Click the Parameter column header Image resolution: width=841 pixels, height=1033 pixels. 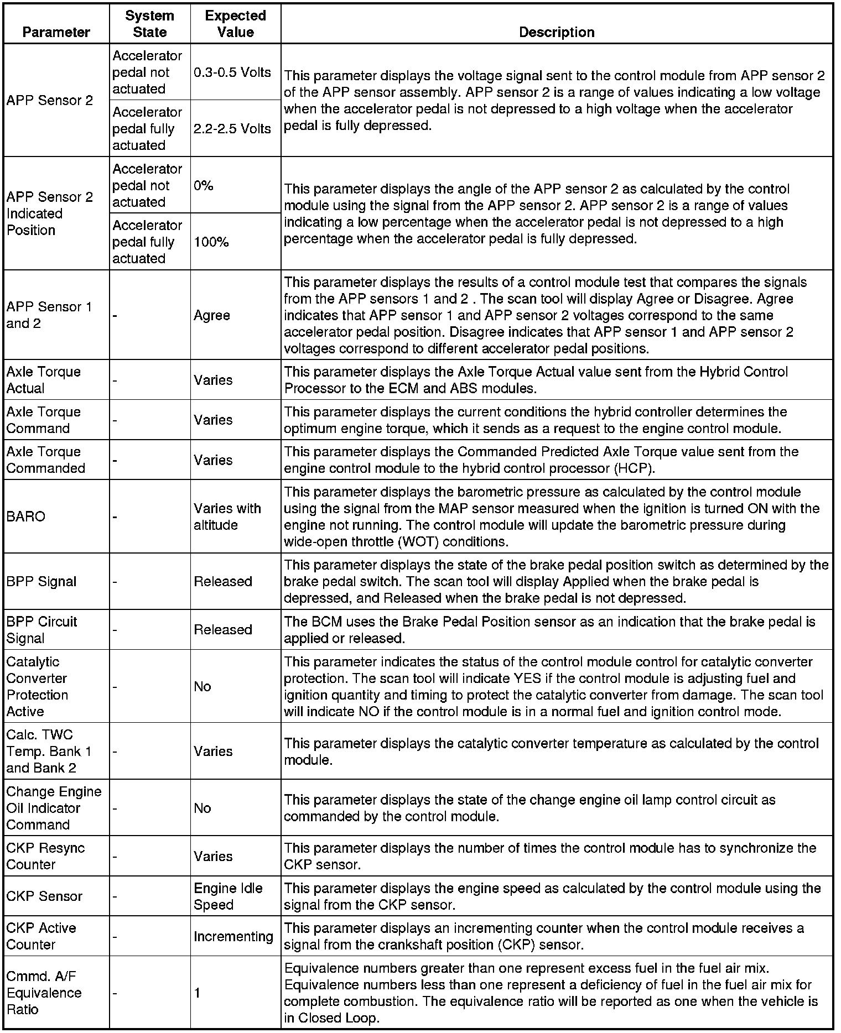pyautogui.click(x=56, y=32)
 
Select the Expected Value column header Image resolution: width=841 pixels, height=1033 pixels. pyautogui.click(x=235, y=24)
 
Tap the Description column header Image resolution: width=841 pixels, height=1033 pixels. pyautogui.click(x=556, y=32)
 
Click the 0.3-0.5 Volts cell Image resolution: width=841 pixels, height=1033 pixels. pyautogui.click(x=232, y=72)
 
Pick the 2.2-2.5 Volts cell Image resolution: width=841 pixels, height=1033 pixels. pyautogui.click(x=232, y=129)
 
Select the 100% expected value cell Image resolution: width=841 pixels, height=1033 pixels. pyautogui.click(x=211, y=242)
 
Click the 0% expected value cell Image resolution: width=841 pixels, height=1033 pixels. pyautogui.click(x=204, y=186)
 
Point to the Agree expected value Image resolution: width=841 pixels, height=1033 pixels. pyautogui.click(x=212, y=315)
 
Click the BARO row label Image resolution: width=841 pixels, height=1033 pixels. pyautogui.click(x=26, y=516)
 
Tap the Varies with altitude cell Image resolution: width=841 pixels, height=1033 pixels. pyautogui.click(x=227, y=516)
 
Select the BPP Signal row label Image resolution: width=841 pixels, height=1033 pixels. pyautogui.click(x=41, y=581)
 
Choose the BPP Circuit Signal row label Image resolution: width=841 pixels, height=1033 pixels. pyautogui.click(x=41, y=630)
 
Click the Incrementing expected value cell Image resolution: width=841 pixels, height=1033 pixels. pyautogui.click(x=233, y=936)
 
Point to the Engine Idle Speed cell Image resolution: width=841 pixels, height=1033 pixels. pyautogui.click(x=228, y=896)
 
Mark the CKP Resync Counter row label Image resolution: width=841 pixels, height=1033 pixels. pyautogui.click(x=45, y=856)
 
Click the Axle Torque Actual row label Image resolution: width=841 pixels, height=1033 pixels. pyautogui.click(x=43, y=380)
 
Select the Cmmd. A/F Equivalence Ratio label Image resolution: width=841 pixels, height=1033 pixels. pyautogui.click(x=44, y=993)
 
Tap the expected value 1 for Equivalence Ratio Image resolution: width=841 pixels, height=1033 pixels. pyautogui.click(x=198, y=993)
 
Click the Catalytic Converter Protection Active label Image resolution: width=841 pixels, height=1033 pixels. pyautogui.click(x=37, y=686)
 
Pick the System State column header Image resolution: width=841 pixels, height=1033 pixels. pyautogui.click(x=149, y=24)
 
